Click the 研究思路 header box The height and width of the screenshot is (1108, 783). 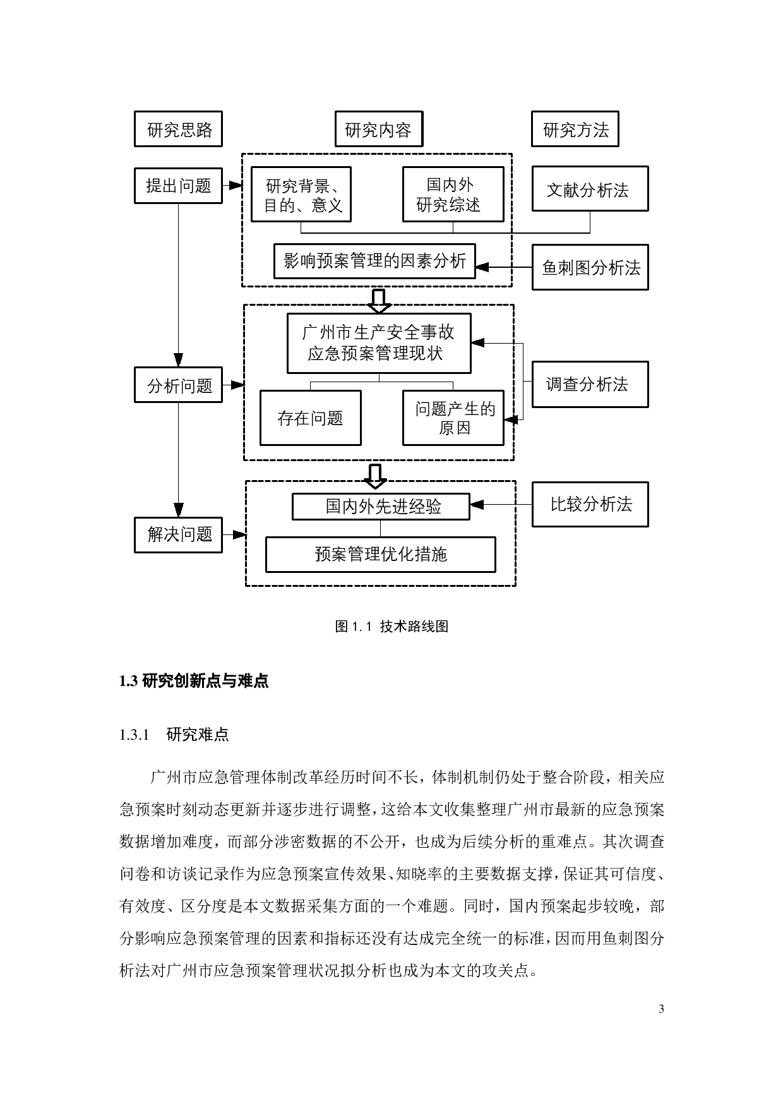coord(178,129)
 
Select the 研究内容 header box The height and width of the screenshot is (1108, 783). coord(378,129)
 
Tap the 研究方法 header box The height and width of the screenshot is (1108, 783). coord(575,129)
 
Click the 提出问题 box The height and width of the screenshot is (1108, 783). coord(178,186)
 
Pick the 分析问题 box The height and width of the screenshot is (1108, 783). coord(178,385)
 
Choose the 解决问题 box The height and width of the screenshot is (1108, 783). coord(178,534)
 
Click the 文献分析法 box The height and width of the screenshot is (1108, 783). coord(590,189)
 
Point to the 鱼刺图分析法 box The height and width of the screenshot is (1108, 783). coord(590,268)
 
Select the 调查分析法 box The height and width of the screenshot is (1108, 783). coord(590,384)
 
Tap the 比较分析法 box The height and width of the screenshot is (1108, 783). coord(590,504)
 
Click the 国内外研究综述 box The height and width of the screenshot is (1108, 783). coord(453,195)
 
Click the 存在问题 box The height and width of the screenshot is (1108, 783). coord(310,418)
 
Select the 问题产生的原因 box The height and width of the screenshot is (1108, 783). coord(453,418)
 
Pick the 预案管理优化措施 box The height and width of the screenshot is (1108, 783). coord(380,555)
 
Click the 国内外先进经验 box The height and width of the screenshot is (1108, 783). coord(381,507)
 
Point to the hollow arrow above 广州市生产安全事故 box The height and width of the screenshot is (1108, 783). coord(379,301)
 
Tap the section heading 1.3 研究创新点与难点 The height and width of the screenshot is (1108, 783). coord(194,681)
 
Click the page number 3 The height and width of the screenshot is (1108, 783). coord(661,1009)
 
